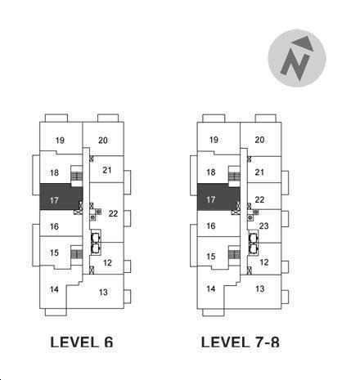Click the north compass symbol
coord(297,58)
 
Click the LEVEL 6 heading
coord(82,342)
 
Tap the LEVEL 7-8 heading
coord(241,342)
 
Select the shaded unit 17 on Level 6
coord(61,196)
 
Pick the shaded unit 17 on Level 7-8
coord(218,197)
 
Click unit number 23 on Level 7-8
coord(263,226)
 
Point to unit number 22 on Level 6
coord(113,213)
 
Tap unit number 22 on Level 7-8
coord(259,199)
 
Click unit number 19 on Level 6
coord(60,141)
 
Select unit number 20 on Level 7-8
coord(259,140)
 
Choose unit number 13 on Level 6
coord(103,293)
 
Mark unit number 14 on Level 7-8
coord(211,288)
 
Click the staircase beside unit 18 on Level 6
coord(77,177)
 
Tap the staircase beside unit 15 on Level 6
coord(77,254)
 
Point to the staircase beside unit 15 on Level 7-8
coord(234,255)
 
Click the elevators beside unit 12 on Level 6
coord(96,243)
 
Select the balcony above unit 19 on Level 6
coord(56,118)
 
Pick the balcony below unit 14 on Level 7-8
coord(214,312)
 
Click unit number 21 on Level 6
coord(107,170)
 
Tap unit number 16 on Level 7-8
coord(211,226)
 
